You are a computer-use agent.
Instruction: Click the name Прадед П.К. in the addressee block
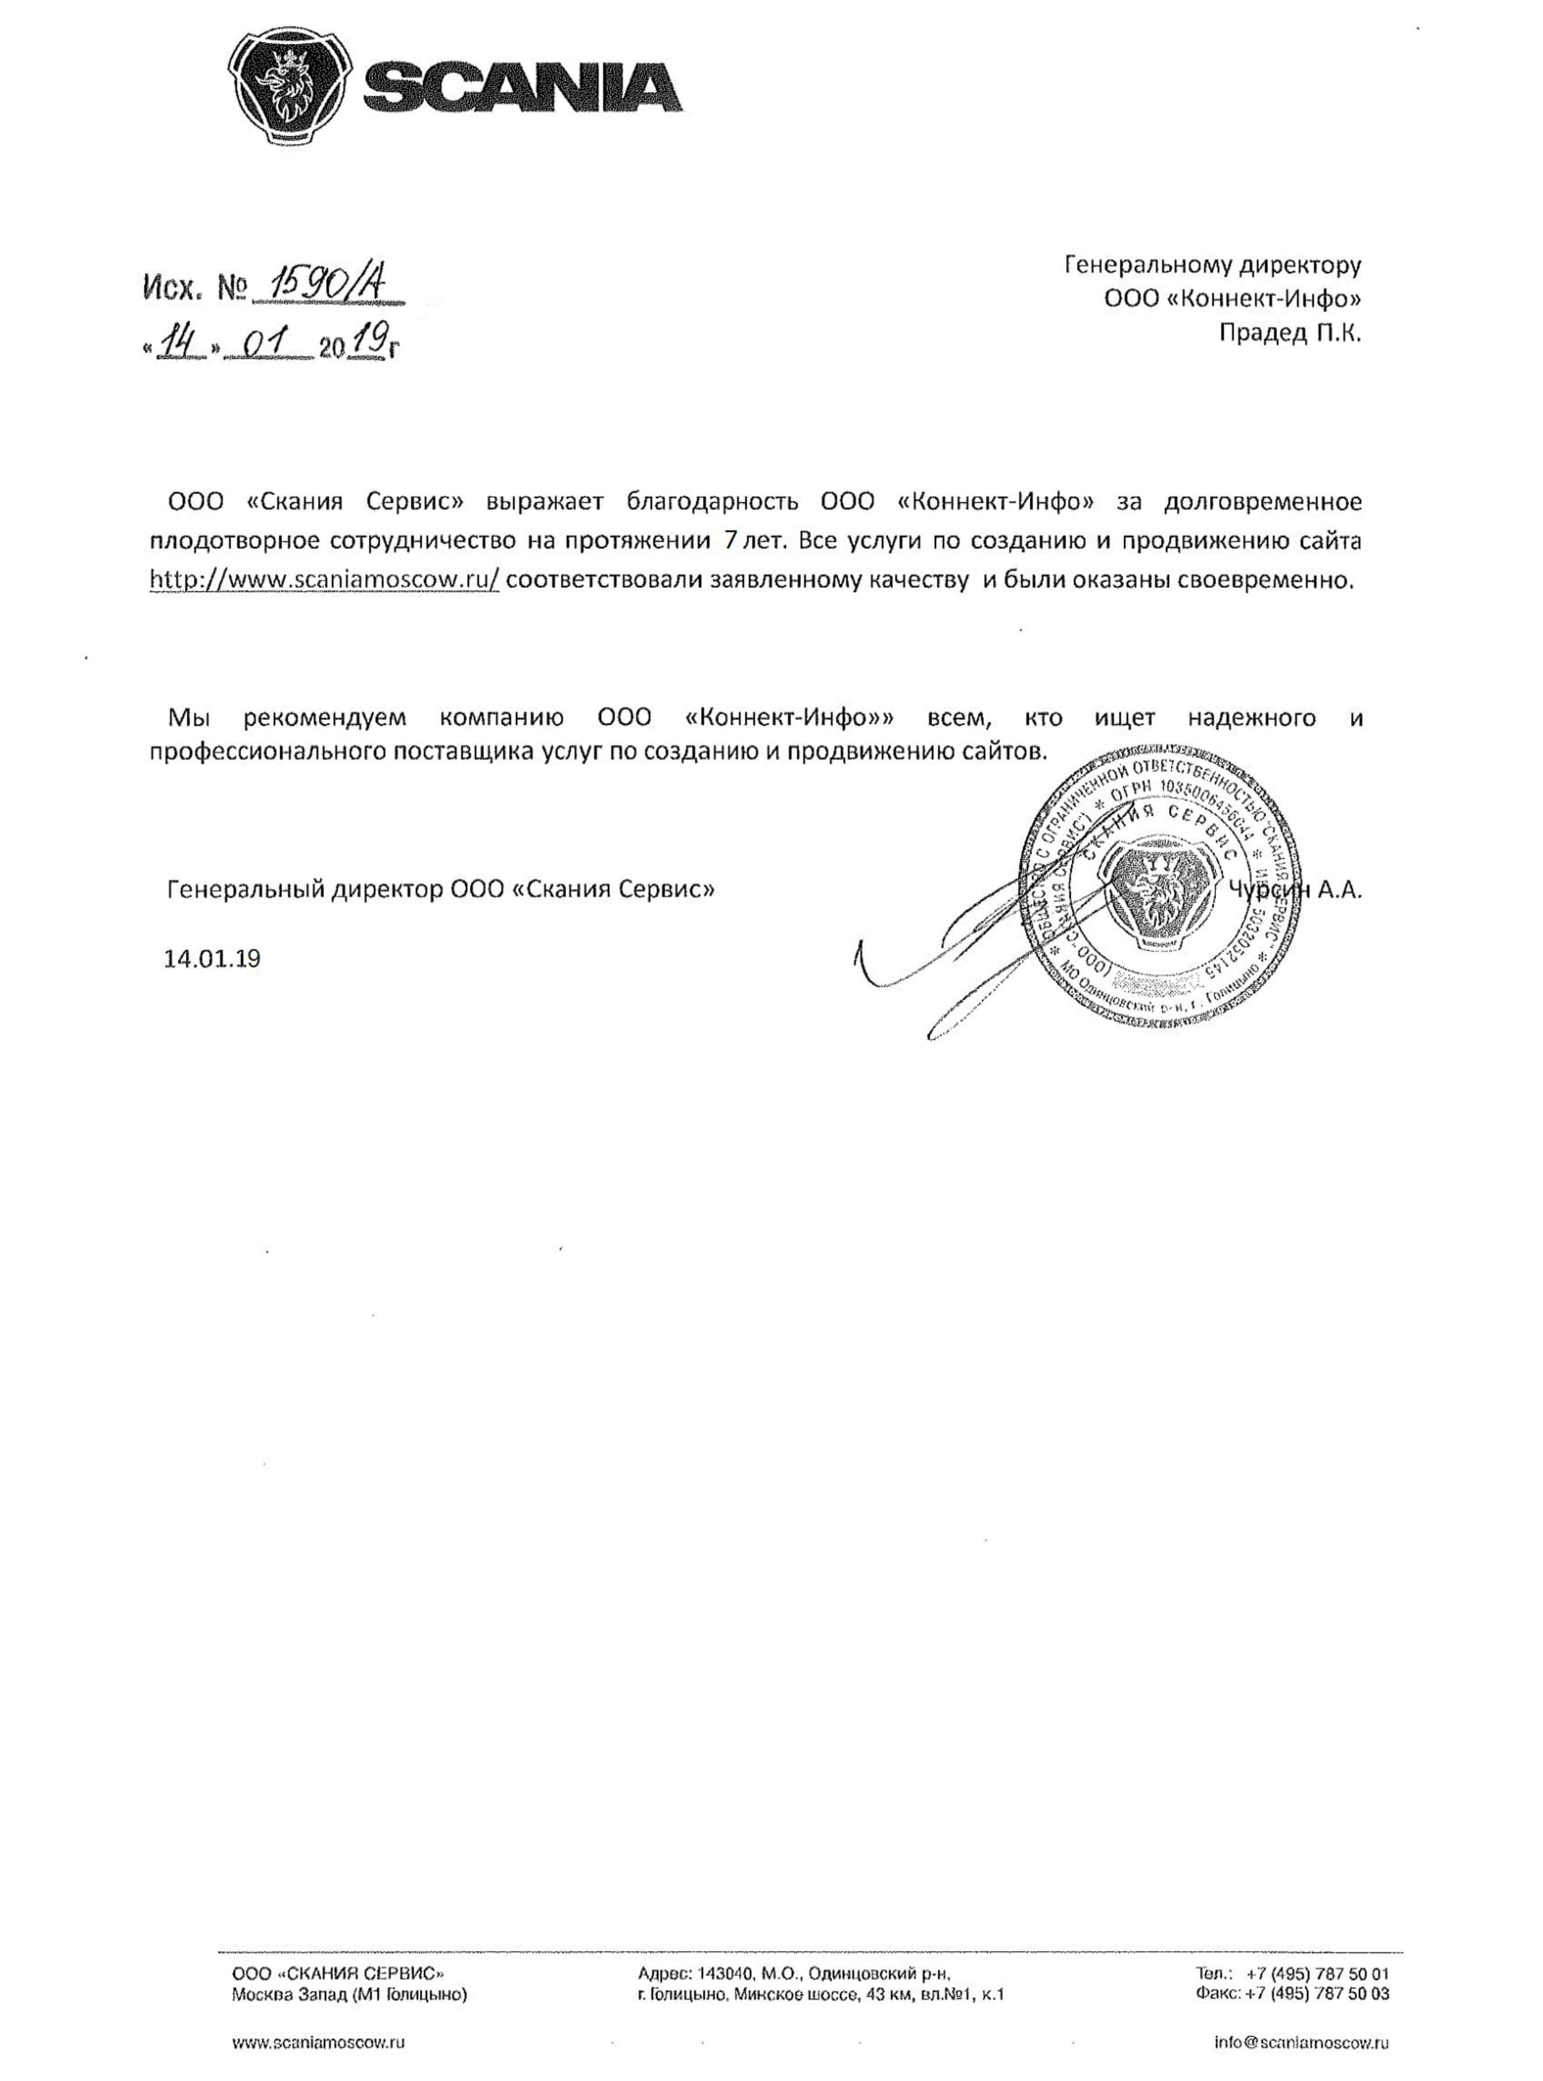(1290, 333)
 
